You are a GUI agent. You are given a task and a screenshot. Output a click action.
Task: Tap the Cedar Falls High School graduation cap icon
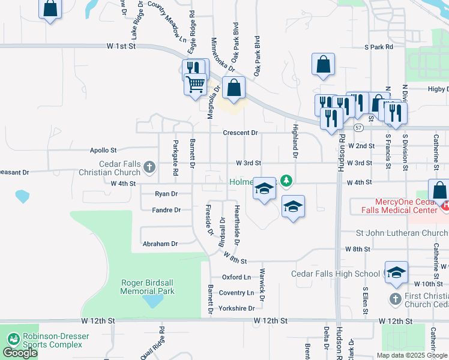coord(396,272)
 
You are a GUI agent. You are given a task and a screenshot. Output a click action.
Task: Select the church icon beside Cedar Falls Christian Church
coord(149,167)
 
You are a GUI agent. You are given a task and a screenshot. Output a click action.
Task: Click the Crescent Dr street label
coord(240,133)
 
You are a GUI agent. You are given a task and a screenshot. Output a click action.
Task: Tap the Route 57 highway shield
coord(358,128)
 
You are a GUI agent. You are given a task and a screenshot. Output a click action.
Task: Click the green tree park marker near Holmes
coord(287,179)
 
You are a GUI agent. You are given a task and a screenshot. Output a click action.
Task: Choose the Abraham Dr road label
coord(160,244)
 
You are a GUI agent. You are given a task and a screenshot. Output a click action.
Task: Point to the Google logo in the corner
coord(20,353)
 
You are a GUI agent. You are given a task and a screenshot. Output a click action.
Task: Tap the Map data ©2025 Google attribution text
coord(412,355)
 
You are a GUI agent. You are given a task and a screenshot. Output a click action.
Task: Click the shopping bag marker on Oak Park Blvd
coord(234,87)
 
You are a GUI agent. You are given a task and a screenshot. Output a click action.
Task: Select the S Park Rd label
coord(378,46)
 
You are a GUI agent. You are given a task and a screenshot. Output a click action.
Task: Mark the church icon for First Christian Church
coord(395,298)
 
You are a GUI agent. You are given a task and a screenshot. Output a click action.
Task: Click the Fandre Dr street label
coord(166,210)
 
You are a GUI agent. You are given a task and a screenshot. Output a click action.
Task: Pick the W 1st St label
coord(122,46)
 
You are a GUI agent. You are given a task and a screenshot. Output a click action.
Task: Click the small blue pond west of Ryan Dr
coord(22,196)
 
